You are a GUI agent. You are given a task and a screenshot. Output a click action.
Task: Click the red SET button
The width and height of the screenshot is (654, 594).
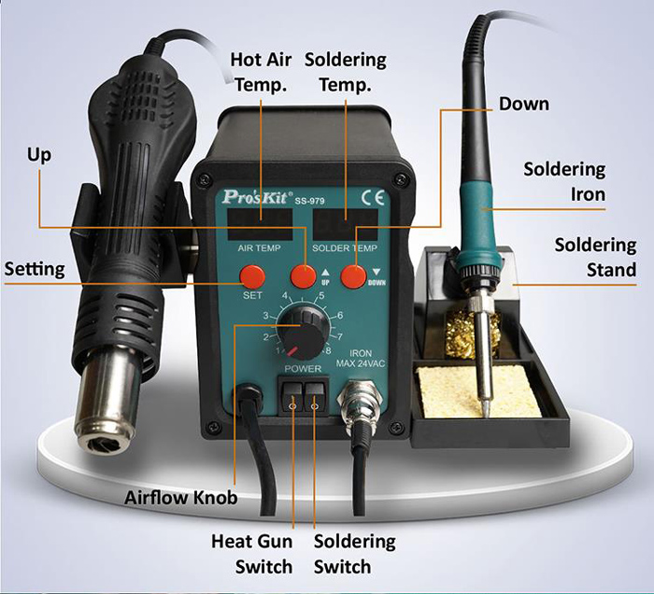[x=252, y=276]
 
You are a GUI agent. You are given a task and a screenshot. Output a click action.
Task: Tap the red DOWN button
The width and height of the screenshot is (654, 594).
[x=354, y=276]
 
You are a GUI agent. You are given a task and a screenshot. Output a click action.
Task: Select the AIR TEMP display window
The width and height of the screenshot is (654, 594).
[x=260, y=225]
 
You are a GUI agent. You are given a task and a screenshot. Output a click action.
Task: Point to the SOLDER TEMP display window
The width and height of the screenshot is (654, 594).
[x=346, y=225]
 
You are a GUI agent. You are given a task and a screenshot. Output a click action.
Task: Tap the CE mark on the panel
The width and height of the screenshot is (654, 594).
[x=373, y=197]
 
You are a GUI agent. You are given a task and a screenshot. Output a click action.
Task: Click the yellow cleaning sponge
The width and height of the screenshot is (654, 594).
[x=478, y=392]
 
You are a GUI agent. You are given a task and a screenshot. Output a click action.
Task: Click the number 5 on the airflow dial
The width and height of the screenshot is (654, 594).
[x=321, y=296]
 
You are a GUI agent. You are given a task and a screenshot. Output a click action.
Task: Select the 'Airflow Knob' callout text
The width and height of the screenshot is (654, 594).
[x=181, y=498]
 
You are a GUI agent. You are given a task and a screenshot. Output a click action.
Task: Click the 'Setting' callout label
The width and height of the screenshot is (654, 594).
[x=35, y=269]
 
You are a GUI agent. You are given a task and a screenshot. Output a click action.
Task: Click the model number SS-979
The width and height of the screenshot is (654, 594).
[x=309, y=201]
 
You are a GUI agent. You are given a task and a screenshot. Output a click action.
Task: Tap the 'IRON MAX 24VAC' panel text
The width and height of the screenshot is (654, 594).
[x=361, y=359]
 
